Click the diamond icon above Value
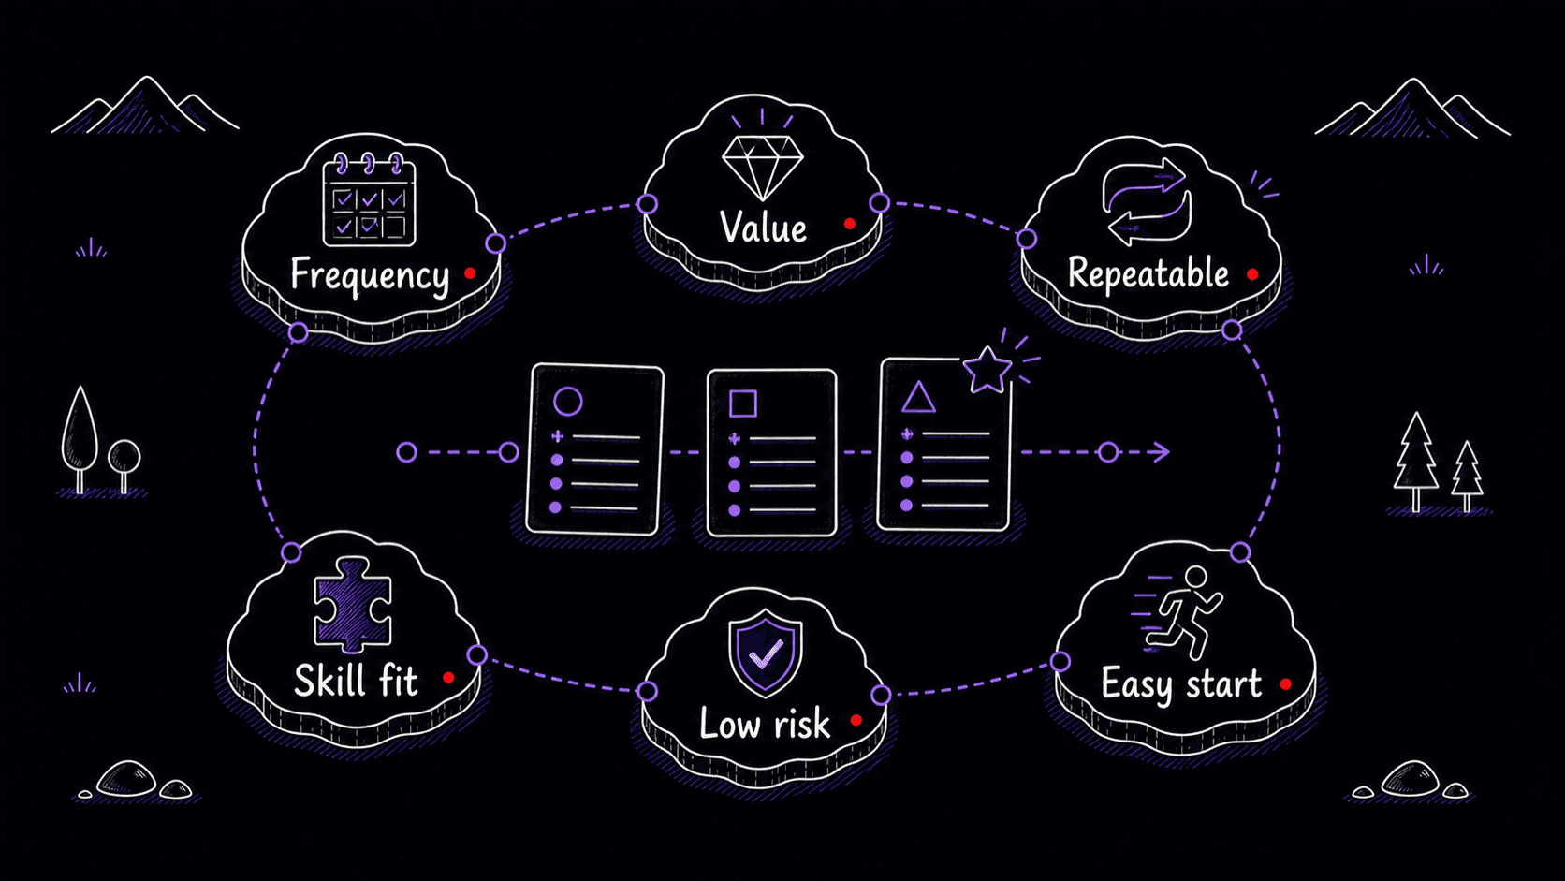pyautogui.click(x=762, y=168)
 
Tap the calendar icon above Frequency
pyautogui.click(x=369, y=200)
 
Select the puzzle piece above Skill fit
pyautogui.click(x=352, y=604)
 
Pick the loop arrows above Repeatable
pyautogui.click(x=1147, y=202)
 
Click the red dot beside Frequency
pyautogui.click(x=470, y=273)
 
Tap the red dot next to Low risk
pyautogui.click(x=856, y=720)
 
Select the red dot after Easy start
pyautogui.click(x=1285, y=684)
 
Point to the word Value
pyautogui.click(x=763, y=228)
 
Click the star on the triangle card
pyautogui.click(x=987, y=370)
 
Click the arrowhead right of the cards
pyautogui.click(x=1160, y=452)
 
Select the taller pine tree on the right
pyautogui.click(x=1415, y=462)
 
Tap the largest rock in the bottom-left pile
pyautogui.click(x=126, y=778)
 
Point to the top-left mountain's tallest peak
pyautogui.click(x=146, y=78)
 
